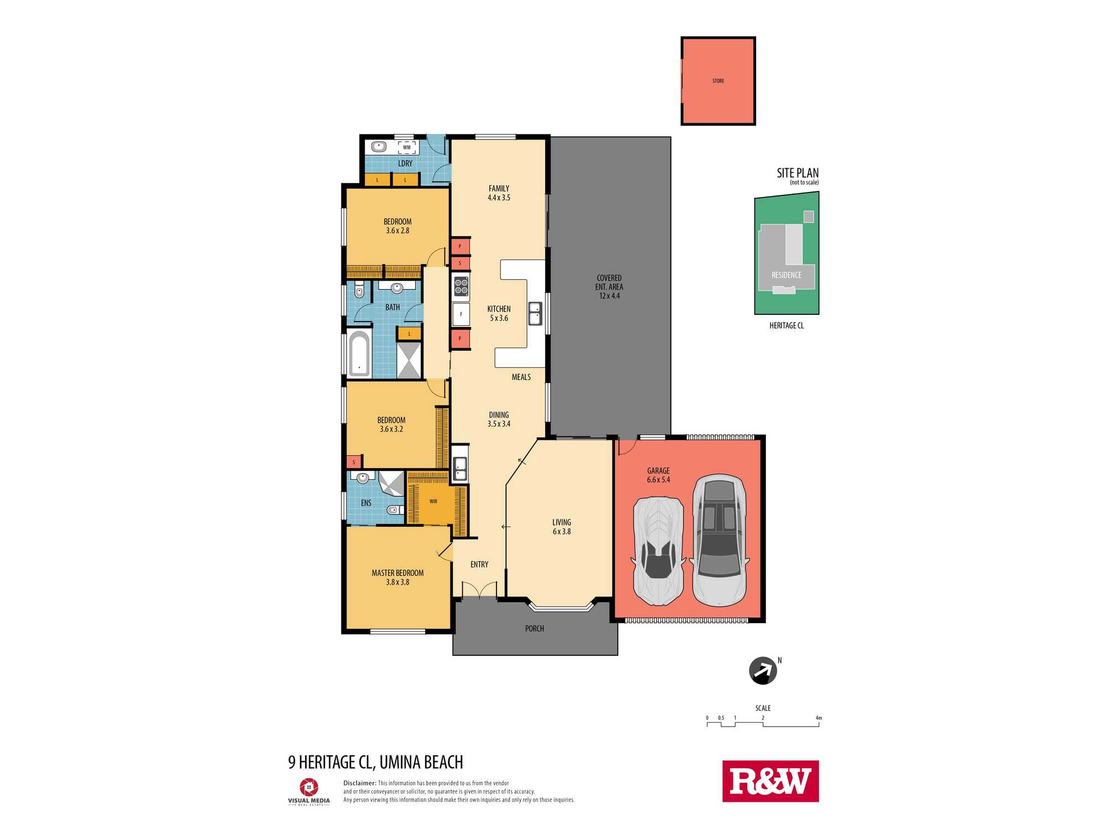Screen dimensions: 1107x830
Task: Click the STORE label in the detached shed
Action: [718, 81]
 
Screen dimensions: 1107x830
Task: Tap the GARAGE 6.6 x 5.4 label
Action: [658, 475]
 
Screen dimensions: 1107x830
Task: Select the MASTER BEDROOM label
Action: [397, 573]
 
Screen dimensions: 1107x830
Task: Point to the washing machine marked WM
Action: [407, 148]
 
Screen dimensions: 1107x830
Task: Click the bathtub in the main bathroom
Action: [359, 354]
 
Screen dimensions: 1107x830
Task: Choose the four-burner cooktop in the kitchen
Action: [461, 286]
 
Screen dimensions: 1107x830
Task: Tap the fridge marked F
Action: [461, 314]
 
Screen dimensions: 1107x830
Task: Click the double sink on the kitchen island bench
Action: [535, 314]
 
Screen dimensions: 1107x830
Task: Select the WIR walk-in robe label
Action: [433, 501]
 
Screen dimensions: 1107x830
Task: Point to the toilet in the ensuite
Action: [395, 510]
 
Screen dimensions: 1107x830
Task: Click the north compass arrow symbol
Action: [763, 671]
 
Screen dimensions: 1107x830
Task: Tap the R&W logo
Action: [770, 781]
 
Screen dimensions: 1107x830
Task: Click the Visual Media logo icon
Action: [309, 787]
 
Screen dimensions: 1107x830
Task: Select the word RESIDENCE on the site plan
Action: [787, 275]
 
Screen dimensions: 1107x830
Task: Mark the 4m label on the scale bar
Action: [819, 718]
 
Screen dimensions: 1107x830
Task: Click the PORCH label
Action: [535, 629]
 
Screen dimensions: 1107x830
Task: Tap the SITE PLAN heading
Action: [798, 173]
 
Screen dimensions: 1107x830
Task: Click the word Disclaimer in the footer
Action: [360, 783]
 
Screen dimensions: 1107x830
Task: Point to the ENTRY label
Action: [479, 564]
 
